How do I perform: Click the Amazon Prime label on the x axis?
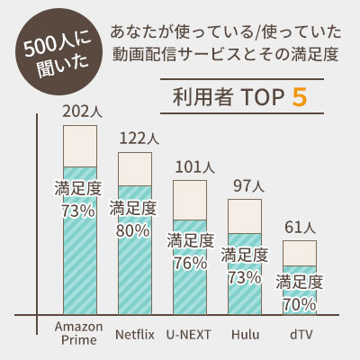[x=79, y=333]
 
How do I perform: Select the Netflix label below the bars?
[x=136, y=334]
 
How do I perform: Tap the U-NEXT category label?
[x=190, y=334]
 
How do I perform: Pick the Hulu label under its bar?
[x=244, y=334]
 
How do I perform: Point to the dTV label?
[x=299, y=334]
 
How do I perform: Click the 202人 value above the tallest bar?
[x=79, y=112]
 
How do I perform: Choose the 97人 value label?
[x=246, y=186]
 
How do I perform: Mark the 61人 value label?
[x=300, y=228]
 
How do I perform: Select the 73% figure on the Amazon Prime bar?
[x=79, y=211]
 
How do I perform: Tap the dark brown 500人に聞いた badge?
[x=49, y=59]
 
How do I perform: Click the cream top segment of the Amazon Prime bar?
[x=79, y=146]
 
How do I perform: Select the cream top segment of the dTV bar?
[x=299, y=253]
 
